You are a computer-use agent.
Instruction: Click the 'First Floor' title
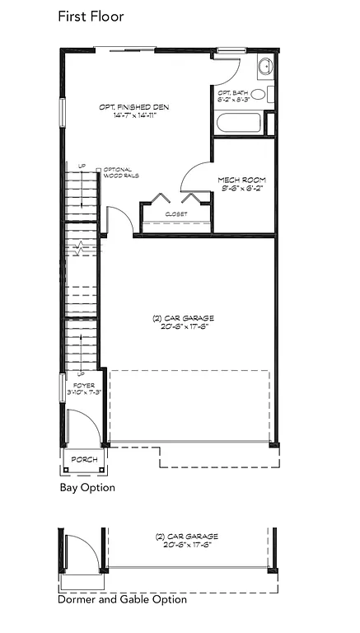pos(89,16)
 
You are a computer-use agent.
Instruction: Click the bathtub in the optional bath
pos(238,124)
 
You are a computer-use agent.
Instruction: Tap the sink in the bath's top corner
pos(265,68)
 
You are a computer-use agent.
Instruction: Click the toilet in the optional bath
pos(258,95)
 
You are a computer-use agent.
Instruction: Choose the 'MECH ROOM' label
pos(240,180)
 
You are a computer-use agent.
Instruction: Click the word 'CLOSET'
pos(175,214)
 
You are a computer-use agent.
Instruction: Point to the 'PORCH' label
pos(84,459)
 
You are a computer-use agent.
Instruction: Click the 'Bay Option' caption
pos(86,488)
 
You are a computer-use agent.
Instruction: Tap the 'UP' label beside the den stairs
pos(82,166)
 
